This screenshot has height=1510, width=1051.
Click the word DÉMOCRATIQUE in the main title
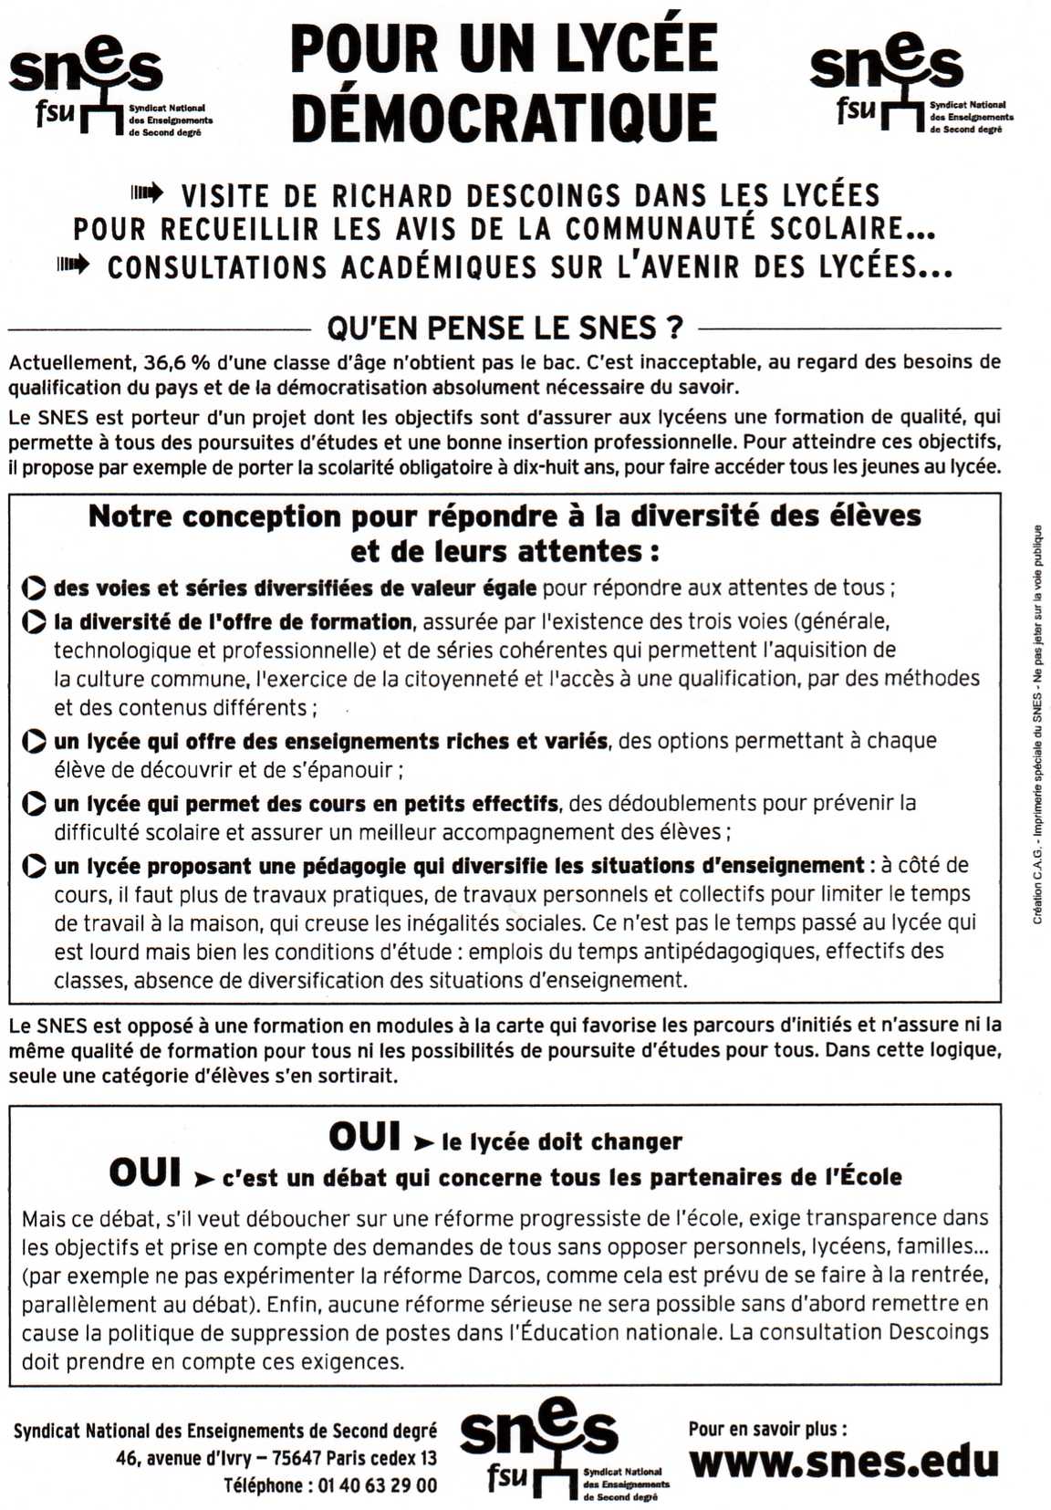(x=505, y=119)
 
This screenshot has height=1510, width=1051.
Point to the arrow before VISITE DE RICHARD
(x=147, y=193)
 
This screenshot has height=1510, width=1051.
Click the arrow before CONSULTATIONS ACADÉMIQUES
(x=74, y=266)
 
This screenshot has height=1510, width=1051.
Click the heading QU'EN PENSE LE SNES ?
(x=505, y=328)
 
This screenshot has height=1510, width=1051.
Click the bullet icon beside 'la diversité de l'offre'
(x=34, y=623)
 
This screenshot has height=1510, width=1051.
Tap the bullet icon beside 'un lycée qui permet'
(x=34, y=804)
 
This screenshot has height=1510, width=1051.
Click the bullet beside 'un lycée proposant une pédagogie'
(x=34, y=866)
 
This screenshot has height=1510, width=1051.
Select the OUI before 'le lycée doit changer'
(x=364, y=1138)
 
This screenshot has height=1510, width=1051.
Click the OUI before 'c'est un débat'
(x=144, y=1173)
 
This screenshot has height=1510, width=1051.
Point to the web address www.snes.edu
(x=844, y=1462)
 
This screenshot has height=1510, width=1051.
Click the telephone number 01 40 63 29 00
(x=377, y=1485)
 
